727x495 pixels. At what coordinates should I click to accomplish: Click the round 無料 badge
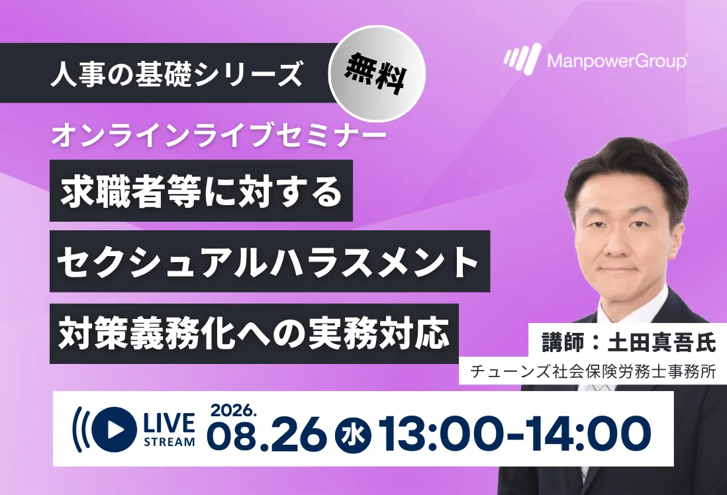click(377, 73)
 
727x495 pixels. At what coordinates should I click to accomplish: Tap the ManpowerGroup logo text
click(617, 61)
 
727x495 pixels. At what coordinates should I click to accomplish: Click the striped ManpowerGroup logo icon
click(522, 58)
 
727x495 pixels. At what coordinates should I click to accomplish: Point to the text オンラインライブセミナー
click(219, 136)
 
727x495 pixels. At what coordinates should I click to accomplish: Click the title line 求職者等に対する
click(201, 191)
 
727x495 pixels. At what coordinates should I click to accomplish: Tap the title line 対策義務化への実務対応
click(254, 334)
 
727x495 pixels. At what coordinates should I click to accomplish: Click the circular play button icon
click(114, 429)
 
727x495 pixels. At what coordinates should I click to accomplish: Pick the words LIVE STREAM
click(170, 429)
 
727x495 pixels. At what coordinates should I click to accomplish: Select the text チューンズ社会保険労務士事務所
click(593, 372)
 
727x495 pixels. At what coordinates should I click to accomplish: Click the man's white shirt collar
click(621, 306)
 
